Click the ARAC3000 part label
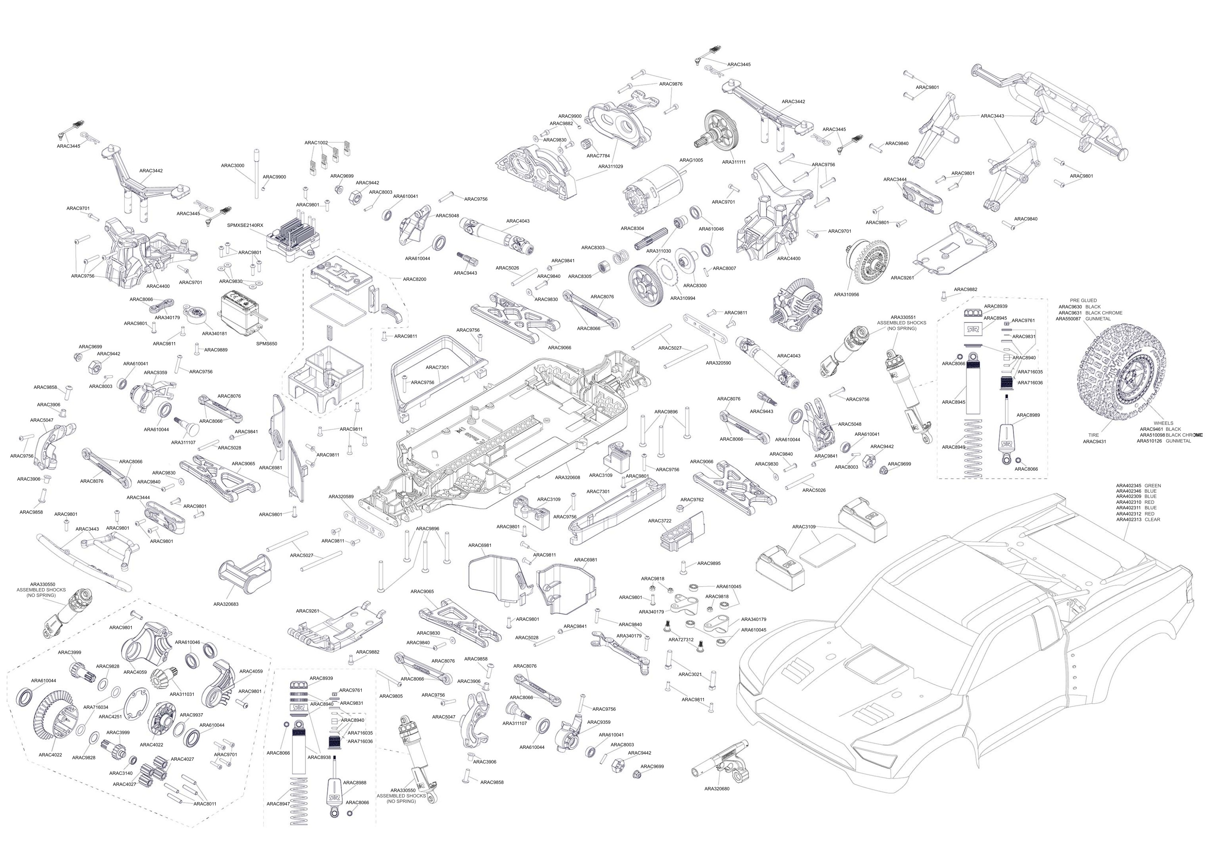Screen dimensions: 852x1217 tap(233, 165)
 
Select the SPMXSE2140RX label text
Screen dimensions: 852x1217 tap(245, 225)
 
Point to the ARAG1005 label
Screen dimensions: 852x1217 tap(691, 160)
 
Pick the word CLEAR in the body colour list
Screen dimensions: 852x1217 tap(1152, 520)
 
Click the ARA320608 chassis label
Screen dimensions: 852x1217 tap(567, 477)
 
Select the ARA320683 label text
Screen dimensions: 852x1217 tap(226, 604)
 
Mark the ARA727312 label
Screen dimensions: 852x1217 tap(681, 639)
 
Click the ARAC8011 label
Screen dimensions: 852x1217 tap(205, 804)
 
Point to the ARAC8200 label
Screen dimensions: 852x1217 tap(415, 279)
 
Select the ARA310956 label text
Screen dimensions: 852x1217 tap(846, 294)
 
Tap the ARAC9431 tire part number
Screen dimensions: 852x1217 tap(1094, 441)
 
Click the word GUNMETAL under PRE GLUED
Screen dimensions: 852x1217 tap(1098, 319)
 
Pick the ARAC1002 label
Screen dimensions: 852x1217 tap(316, 143)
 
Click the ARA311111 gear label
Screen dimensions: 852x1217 tap(734, 162)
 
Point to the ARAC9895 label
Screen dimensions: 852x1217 tap(709, 564)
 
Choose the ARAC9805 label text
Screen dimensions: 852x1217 tap(391, 696)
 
